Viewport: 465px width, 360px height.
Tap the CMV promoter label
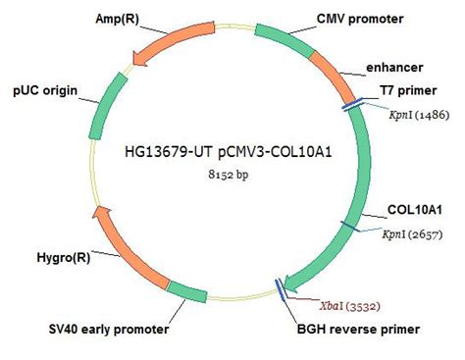pyautogui.click(x=358, y=19)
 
